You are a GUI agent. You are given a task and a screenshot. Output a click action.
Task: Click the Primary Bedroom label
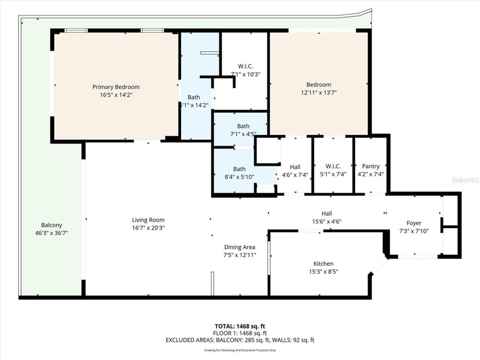[116, 87]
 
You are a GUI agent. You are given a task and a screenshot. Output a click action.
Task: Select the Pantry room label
[370, 166]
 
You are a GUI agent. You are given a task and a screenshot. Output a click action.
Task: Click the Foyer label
[414, 223]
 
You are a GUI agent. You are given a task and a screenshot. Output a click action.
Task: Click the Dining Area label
[239, 247]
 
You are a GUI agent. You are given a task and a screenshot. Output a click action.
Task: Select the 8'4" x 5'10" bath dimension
[239, 177]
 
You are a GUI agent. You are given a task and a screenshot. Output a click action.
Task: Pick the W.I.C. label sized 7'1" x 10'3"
[246, 66]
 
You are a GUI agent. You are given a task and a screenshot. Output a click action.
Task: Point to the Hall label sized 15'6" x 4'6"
[326, 214]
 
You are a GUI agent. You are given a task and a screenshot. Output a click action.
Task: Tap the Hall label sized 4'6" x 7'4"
[295, 166]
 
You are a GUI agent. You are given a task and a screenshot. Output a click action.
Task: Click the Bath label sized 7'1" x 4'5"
[243, 126]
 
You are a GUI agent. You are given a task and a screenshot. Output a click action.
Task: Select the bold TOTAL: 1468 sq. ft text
[239, 326]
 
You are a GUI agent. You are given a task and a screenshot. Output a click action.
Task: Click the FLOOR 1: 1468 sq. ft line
[239, 333]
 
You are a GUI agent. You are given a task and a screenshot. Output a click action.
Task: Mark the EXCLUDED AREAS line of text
[239, 340]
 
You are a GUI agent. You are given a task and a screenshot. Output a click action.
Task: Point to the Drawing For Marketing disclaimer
[239, 350]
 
